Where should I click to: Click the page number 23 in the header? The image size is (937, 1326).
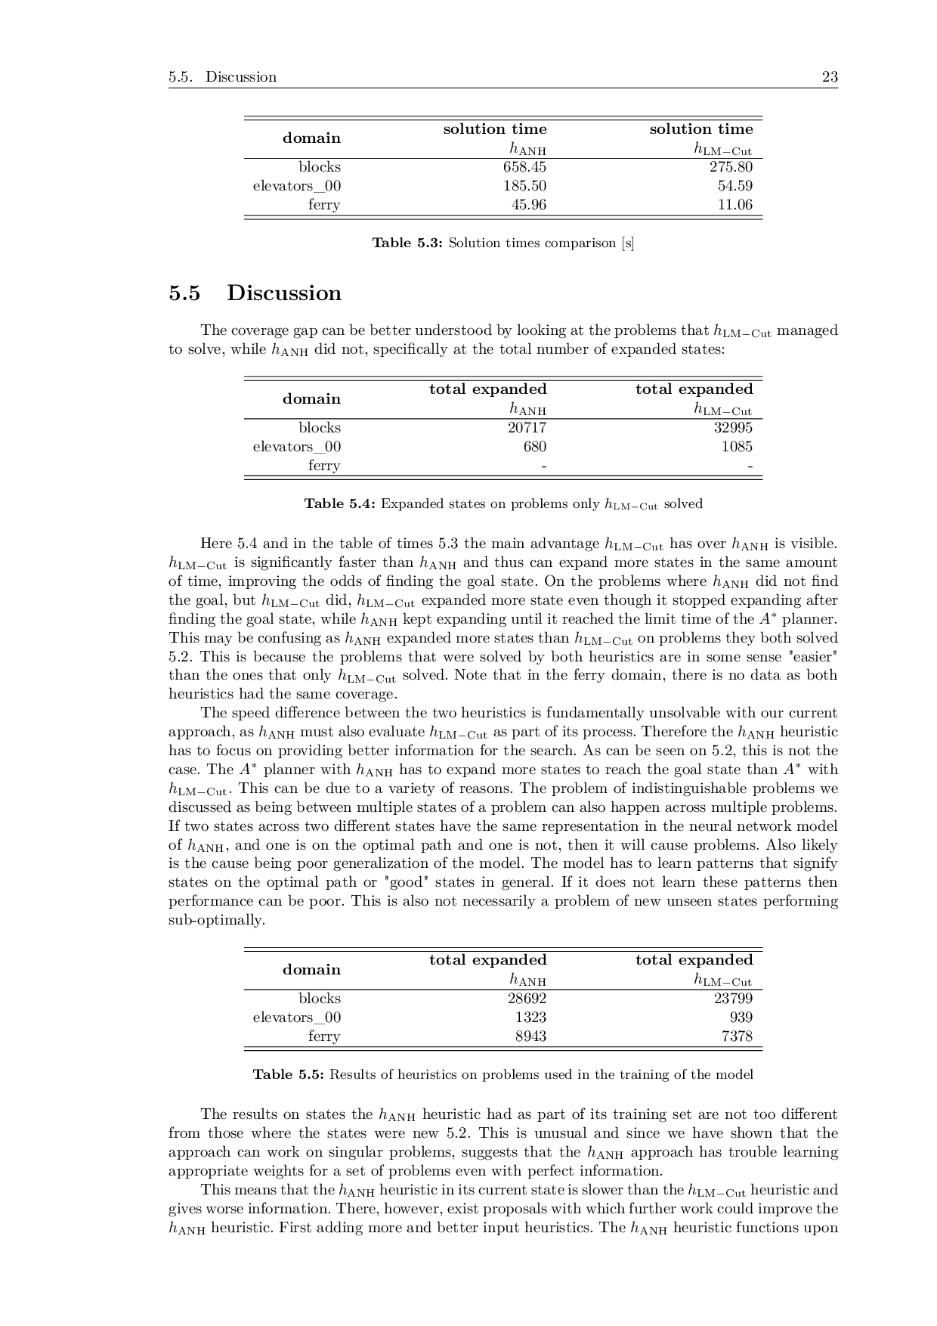coord(830,77)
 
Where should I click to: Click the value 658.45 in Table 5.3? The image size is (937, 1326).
coord(524,167)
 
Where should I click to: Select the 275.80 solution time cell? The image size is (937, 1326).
coord(731,167)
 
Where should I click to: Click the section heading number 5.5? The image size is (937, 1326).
coord(184,293)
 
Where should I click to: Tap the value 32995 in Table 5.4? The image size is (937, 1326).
coord(733,428)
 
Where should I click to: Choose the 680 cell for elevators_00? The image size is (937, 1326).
coord(534,447)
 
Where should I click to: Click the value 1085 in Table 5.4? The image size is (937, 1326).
coord(737,447)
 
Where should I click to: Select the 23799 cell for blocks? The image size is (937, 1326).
coord(733,999)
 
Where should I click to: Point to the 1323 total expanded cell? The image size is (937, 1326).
coord(530,1018)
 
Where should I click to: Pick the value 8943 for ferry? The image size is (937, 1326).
coord(530,1036)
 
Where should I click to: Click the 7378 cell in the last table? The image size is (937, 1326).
coord(737,1036)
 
